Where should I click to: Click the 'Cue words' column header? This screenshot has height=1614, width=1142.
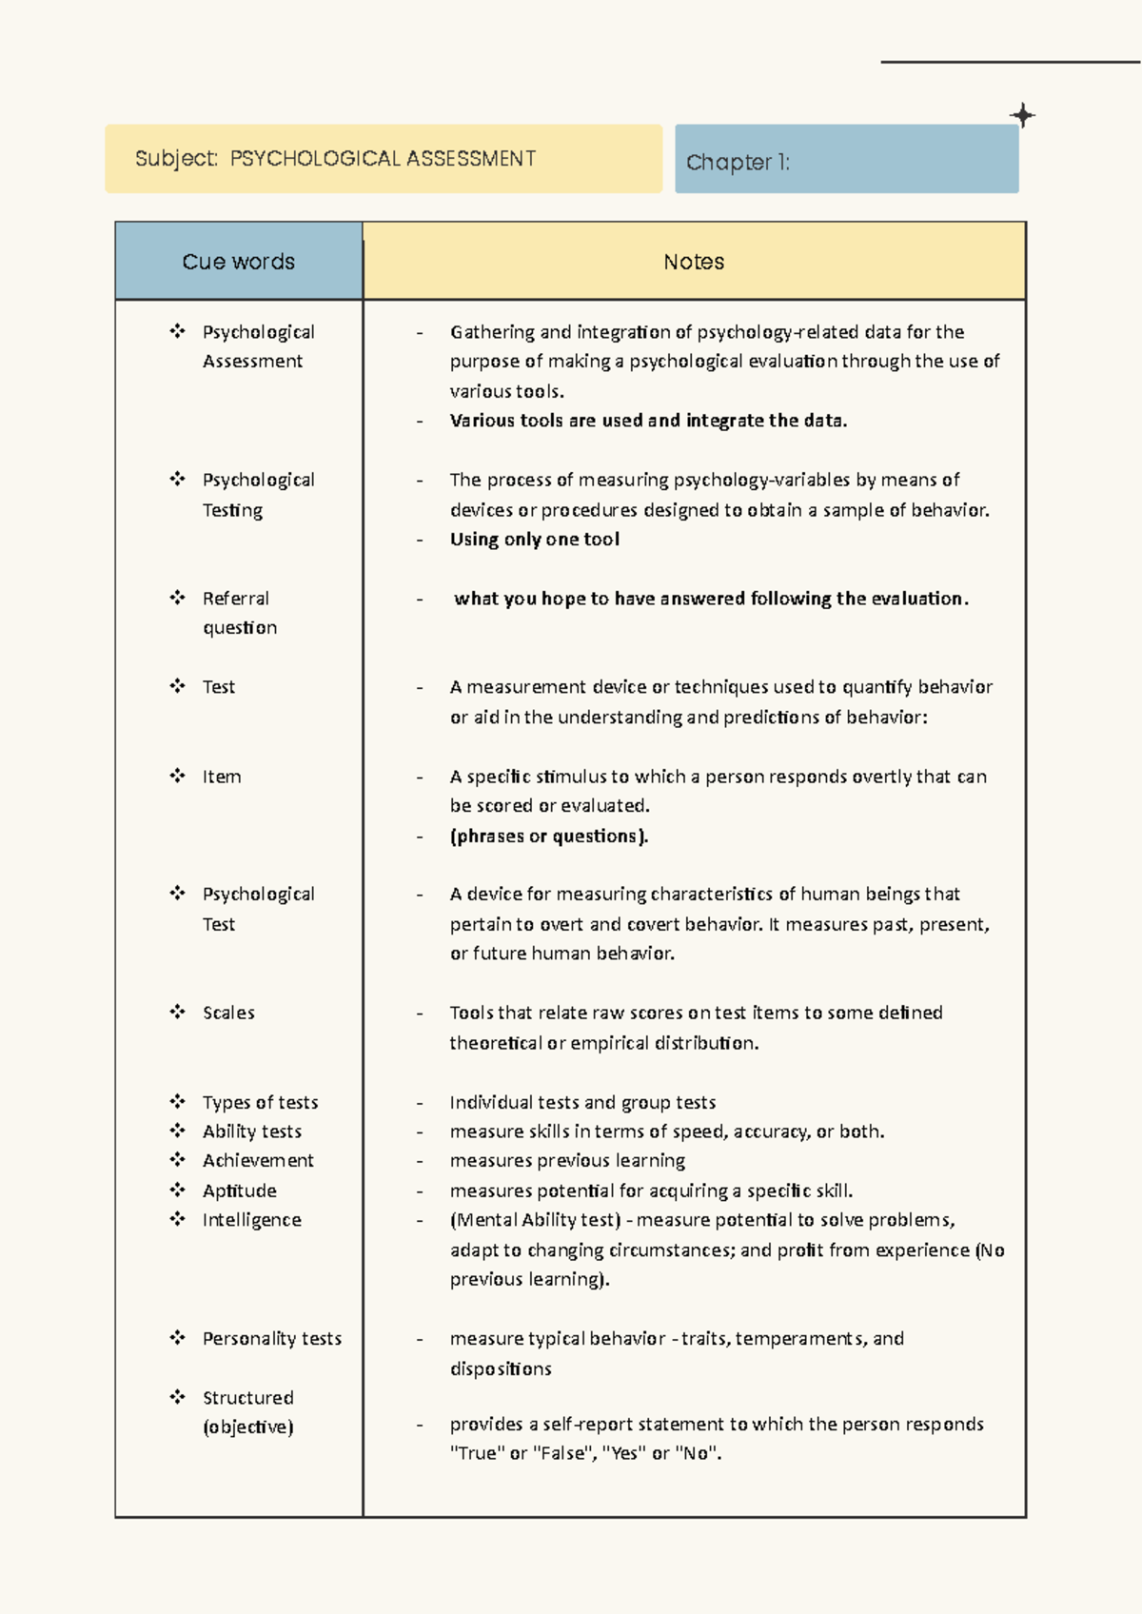pos(238,262)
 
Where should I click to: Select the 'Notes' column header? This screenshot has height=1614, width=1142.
pos(694,262)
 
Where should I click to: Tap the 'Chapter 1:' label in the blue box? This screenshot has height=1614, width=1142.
pos(738,163)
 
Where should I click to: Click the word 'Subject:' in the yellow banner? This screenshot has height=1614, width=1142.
pos(177,158)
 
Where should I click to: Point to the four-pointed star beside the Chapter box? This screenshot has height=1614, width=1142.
pos(1022,116)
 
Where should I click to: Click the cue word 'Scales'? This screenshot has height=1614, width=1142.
pos(228,1013)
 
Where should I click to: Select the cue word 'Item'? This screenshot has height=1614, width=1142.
pos(221,777)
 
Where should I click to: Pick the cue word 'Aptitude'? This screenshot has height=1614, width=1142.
pos(239,1191)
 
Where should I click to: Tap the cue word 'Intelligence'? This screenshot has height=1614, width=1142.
pos(251,1220)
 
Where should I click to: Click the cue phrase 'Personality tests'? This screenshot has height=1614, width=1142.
pos(271,1338)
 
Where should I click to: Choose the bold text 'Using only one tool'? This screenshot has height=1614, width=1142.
pos(534,540)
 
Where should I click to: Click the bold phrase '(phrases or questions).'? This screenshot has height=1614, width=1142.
pos(548,836)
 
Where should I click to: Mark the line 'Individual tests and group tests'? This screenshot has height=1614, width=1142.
pos(582,1102)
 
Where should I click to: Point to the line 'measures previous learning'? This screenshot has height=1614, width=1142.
pos(567,1160)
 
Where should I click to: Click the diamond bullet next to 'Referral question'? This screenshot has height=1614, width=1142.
pos(177,598)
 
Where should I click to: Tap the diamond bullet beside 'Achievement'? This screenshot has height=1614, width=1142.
pos(177,1160)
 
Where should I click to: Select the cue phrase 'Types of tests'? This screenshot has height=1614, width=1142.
pos(260,1102)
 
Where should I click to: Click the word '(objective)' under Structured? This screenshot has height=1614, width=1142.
pos(247,1427)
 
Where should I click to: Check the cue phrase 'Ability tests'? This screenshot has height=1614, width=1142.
pos(251,1132)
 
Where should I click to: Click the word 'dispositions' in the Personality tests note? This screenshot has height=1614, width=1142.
pos(501,1368)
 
